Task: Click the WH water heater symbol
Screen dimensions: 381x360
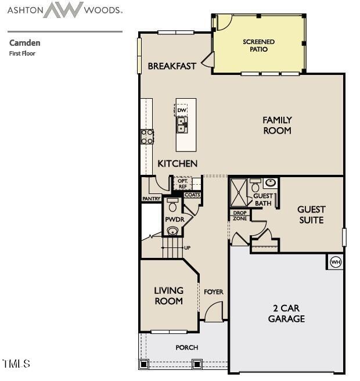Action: coord(335,262)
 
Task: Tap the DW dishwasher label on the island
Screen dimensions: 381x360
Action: coord(182,110)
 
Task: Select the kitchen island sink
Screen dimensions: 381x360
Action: coord(182,124)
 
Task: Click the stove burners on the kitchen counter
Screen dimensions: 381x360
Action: coord(147,136)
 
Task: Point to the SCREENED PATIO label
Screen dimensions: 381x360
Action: coord(258,45)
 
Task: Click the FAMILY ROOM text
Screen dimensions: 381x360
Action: coord(277,125)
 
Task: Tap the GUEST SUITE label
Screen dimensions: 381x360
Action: coord(311,214)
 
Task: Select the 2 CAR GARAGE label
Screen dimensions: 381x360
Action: coord(286,313)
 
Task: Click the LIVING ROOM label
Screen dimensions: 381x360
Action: coord(168,295)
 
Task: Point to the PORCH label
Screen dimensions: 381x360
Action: coord(186,347)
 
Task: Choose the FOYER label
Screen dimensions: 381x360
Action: coord(213,292)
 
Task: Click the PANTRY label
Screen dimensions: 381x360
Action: coord(151,199)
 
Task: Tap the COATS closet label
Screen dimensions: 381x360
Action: coord(192,195)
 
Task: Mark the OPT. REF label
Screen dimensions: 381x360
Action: coord(182,184)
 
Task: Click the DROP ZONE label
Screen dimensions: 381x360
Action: coord(240,215)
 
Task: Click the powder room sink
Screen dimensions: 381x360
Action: coord(172,231)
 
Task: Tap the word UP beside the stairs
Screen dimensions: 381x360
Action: coord(187,248)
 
